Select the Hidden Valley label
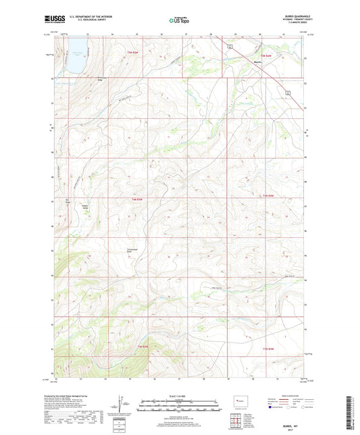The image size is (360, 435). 86,207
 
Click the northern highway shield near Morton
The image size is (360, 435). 230,45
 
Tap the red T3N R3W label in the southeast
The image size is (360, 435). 269,349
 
